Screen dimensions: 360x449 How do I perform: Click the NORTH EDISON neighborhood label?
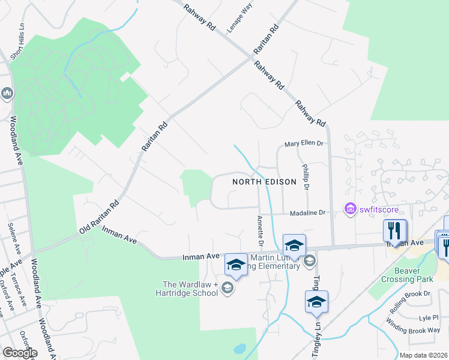click(x=264, y=182)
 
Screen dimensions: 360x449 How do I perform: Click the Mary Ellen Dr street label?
click(x=304, y=144)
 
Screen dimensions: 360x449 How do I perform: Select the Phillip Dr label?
click(x=306, y=177)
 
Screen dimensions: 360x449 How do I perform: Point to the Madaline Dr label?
click(x=307, y=212)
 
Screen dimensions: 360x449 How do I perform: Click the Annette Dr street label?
click(x=261, y=231)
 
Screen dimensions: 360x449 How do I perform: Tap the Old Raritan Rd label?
click(x=99, y=218)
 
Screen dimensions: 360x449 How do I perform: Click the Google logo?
click(x=20, y=353)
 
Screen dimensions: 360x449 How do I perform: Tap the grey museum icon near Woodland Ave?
click(x=7, y=93)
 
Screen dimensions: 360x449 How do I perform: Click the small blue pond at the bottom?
click(x=240, y=348)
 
